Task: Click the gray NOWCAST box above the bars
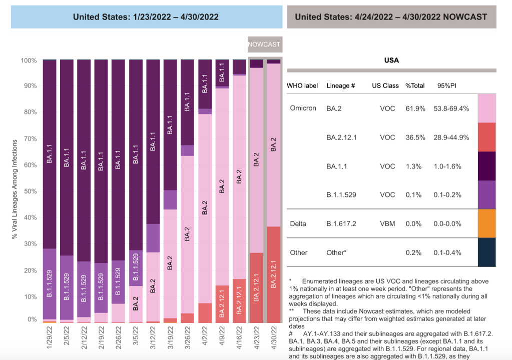(264, 44)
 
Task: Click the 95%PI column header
(447, 85)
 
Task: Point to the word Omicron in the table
(303, 108)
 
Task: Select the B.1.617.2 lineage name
(342, 223)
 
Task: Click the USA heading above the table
(391, 60)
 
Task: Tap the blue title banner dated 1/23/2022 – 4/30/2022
(146, 17)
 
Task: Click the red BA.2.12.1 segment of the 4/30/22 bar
(274, 275)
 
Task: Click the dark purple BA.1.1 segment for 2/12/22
(84, 160)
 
